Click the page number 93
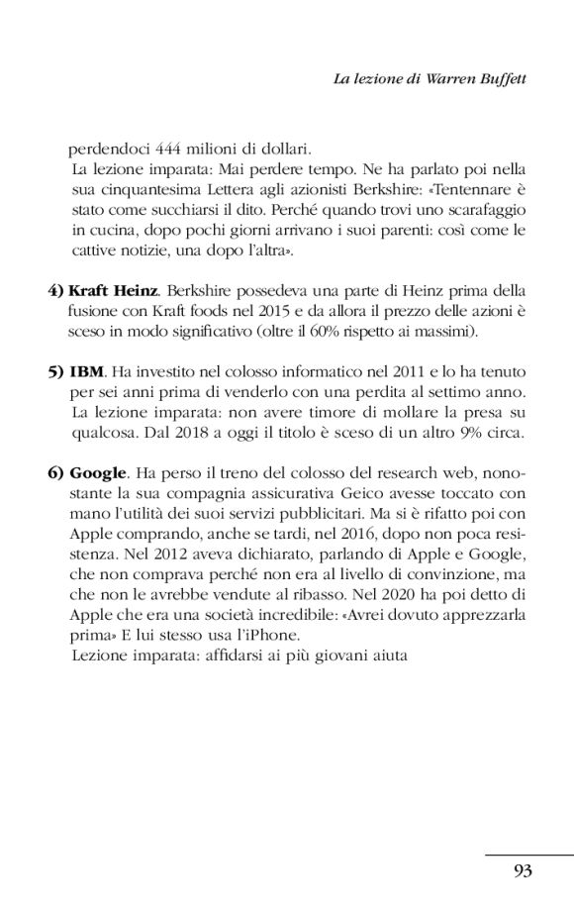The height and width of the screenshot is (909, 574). tap(524, 871)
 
